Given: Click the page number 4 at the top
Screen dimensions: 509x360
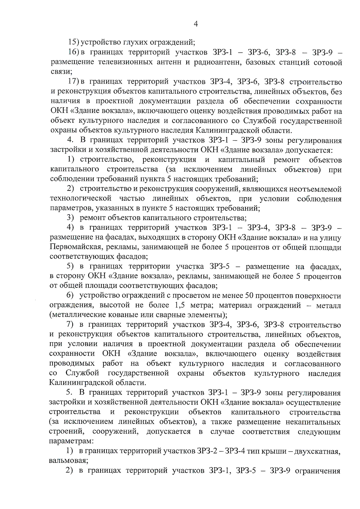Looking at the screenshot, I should (196, 24).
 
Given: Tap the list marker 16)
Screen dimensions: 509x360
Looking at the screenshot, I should (73, 52).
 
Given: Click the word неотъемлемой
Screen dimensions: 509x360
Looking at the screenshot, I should (315, 189).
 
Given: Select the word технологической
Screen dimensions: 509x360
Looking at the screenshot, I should (81, 199).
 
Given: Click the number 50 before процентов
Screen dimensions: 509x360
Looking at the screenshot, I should (250, 296).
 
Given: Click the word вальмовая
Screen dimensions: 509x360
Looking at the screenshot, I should (68, 461).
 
